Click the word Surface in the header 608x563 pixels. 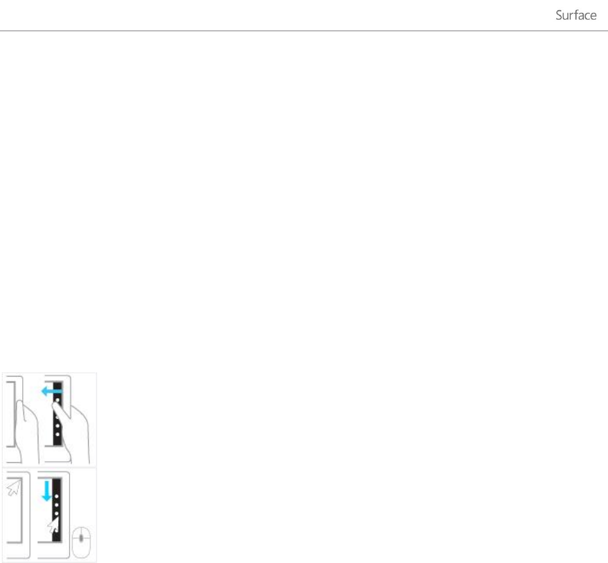tap(576, 16)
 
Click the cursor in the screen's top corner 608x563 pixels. tap(13, 489)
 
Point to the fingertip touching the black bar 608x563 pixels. tap(56, 407)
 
